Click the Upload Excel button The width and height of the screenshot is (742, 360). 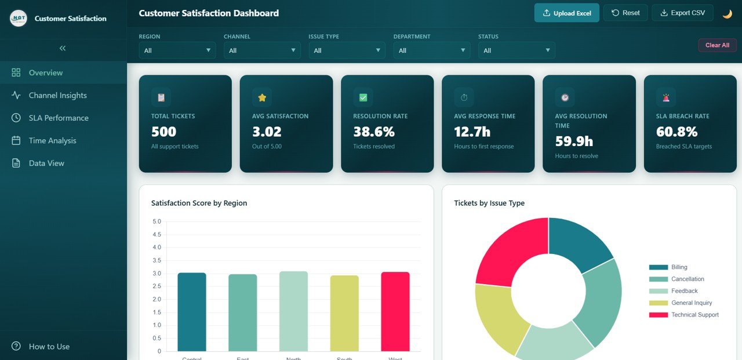click(x=567, y=13)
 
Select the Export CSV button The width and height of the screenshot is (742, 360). click(x=682, y=13)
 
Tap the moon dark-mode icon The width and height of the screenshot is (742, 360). click(x=727, y=13)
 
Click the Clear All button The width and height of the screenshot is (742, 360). click(x=717, y=45)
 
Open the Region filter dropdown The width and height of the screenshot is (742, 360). click(x=177, y=50)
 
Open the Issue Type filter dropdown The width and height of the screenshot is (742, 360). click(x=347, y=50)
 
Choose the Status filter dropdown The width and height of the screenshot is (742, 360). click(x=517, y=50)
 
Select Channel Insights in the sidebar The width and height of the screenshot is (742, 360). click(x=57, y=95)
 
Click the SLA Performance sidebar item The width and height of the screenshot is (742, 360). click(x=59, y=118)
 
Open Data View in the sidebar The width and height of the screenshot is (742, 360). click(x=46, y=163)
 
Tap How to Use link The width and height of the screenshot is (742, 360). click(x=49, y=347)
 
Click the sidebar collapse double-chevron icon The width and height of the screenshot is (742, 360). click(x=63, y=48)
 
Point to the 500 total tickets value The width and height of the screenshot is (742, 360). click(x=163, y=132)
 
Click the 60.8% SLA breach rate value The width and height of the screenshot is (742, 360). click(x=676, y=132)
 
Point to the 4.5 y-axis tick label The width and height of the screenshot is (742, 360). click(x=157, y=235)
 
